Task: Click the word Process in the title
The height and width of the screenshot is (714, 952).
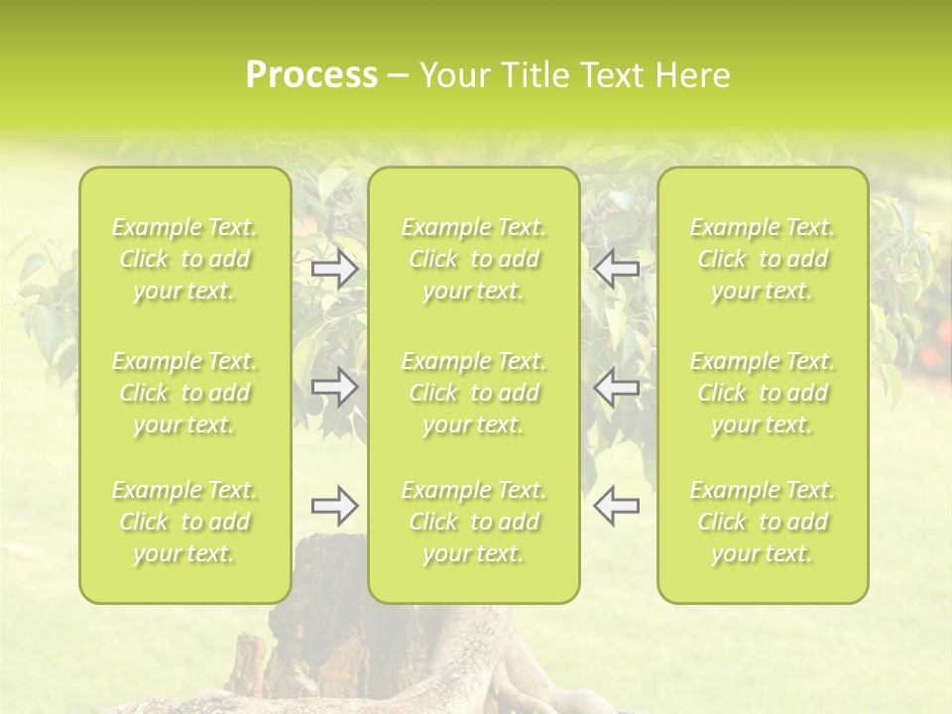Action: pyautogui.click(x=311, y=75)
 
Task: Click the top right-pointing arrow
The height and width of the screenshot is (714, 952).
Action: pyautogui.click(x=335, y=269)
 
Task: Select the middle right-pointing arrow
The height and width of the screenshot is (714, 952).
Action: pyautogui.click(x=335, y=387)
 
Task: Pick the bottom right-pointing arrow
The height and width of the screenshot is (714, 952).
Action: pyautogui.click(x=335, y=506)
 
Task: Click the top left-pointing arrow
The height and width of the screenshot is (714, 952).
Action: pyautogui.click(x=617, y=269)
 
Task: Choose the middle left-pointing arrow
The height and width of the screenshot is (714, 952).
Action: pyautogui.click(x=617, y=387)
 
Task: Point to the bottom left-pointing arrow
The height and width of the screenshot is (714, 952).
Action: pyautogui.click(x=617, y=506)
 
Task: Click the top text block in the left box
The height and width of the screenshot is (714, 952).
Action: pyautogui.click(x=184, y=260)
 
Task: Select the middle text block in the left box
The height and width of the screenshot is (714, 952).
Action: pyautogui.click(x=184, y=393)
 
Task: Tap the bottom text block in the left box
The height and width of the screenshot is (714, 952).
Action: pyautogui.click(x=184, y=522)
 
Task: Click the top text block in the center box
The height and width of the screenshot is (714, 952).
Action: pyautogui.click(x=474, y=260)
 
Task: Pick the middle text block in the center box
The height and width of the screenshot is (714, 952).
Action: pyautogui.click(x=474, y=393)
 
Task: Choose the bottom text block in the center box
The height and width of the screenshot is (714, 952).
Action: pyautogui.click(x=474, y=522)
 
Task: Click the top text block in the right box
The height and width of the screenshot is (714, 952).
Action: pyautogui.click(x=763, y=260)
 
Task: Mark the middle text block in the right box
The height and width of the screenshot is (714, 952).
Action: pyautogui.click(x=763, y=393)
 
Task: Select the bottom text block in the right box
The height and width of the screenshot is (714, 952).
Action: pyautogui.click(x=763, y=522)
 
